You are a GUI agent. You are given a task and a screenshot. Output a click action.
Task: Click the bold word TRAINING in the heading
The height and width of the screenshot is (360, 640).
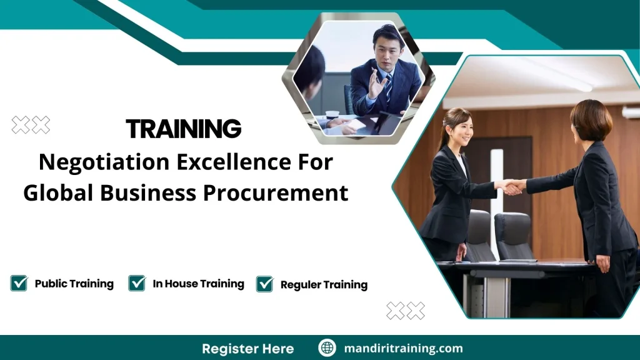[183, 129]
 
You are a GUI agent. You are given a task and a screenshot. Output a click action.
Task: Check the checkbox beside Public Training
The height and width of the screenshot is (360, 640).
[19, 283]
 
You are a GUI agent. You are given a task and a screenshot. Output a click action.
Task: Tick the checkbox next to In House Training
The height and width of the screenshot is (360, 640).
[137, 283]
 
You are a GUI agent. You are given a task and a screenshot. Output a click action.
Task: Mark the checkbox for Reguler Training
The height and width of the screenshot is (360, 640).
[265, 284]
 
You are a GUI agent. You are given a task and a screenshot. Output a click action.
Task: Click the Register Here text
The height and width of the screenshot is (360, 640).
[247, 348]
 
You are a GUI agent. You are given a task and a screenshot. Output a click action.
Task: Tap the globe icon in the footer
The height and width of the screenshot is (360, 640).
[327, 348]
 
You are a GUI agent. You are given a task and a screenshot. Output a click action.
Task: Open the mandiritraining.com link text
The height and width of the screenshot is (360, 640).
[404, 348]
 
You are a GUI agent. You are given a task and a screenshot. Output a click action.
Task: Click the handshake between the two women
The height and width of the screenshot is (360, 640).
[514, 186]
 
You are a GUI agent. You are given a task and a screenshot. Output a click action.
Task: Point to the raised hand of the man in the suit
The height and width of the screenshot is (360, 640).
[376, 84]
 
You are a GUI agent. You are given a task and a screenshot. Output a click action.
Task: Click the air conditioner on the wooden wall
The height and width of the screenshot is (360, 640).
[631, 112]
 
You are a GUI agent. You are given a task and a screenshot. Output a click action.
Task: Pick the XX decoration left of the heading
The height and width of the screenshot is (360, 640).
[31, 125]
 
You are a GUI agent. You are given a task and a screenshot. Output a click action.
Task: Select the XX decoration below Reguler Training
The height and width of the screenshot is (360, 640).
[406, 311]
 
